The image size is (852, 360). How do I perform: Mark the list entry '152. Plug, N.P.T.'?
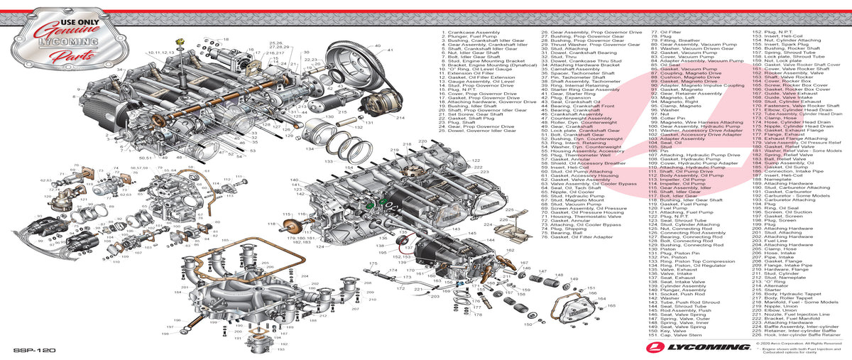point(771,33)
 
